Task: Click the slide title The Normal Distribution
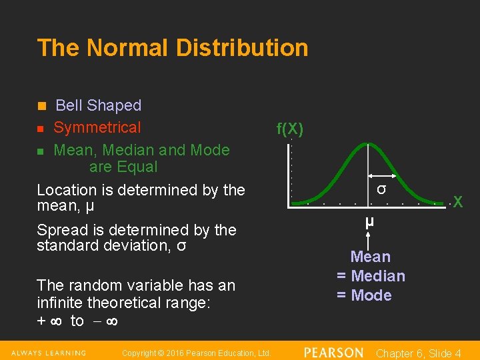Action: [x=173, y=48]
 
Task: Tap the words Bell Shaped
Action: [x=98, y=105]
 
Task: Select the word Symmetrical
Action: [x=97, y=127]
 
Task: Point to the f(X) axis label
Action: [x=290, y=129]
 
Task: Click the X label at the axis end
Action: [x=457, y=201]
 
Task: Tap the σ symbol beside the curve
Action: [x=381, y=189]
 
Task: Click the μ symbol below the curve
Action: [x=369, y=221]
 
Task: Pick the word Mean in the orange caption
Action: [x=371, y=257]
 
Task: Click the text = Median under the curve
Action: [x=371, y=276]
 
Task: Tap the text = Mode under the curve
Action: [x=364, y=295]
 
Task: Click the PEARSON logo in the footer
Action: [x=333, y=353]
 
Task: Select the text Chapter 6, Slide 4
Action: [x=419, y=353]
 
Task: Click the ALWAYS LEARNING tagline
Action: [x=49, y=353]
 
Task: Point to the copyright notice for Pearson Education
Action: [x=197, y=353]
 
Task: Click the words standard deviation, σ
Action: [x=111, y=246]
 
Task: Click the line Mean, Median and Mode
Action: [x=141, y=150]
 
